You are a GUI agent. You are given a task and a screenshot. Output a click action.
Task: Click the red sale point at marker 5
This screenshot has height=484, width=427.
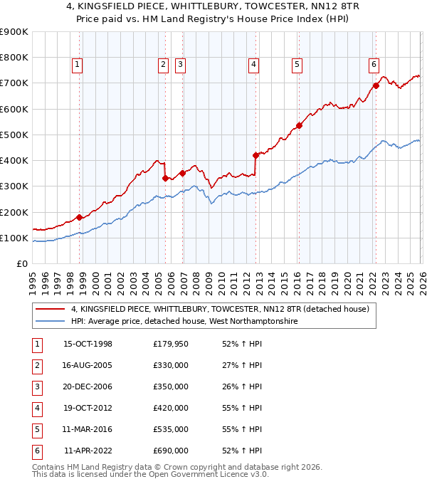[x=299, y=126]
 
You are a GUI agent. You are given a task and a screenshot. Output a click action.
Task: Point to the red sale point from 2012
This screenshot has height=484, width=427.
[x=255, y=155]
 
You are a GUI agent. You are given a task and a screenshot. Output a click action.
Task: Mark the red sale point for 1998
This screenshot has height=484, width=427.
[x=80, y=217]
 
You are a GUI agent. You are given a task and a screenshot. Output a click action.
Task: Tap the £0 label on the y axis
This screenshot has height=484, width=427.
[x=21, y=263]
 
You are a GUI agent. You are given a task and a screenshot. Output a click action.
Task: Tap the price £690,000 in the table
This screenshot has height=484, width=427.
[x=170, y=451]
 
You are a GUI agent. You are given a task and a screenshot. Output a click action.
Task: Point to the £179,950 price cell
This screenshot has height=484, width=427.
[x=170, y=344]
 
